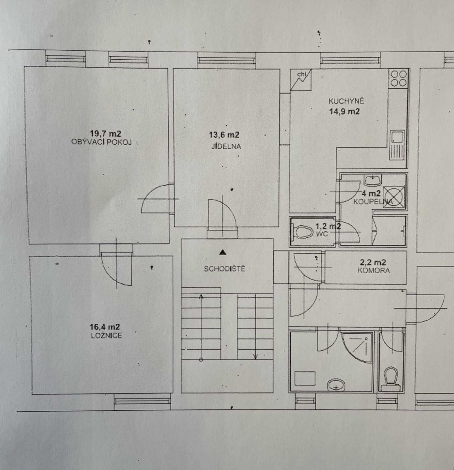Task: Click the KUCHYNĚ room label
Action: (346, 101)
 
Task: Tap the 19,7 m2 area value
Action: (106, 133)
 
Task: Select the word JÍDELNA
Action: (226, 146)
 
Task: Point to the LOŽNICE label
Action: (106, 336)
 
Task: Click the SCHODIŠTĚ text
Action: (224, 268)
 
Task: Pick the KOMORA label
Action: (373, 270)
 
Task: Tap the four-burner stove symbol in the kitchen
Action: (399, 78)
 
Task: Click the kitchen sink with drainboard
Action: (397, 144)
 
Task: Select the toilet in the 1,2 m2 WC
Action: (303, 232)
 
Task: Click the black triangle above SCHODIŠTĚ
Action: (222, 252)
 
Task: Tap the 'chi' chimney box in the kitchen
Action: (301, 80)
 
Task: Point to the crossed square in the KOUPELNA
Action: (394, 196)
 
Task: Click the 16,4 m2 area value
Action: (105, 327)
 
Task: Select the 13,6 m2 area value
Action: (224, 135)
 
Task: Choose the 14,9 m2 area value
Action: (344, 111)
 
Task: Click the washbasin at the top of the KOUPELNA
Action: (373, 180)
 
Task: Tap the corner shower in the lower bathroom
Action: (357, 348)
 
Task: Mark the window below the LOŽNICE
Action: (142, 401)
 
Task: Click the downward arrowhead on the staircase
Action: (256, 356)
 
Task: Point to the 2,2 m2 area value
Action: (373, 262)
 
